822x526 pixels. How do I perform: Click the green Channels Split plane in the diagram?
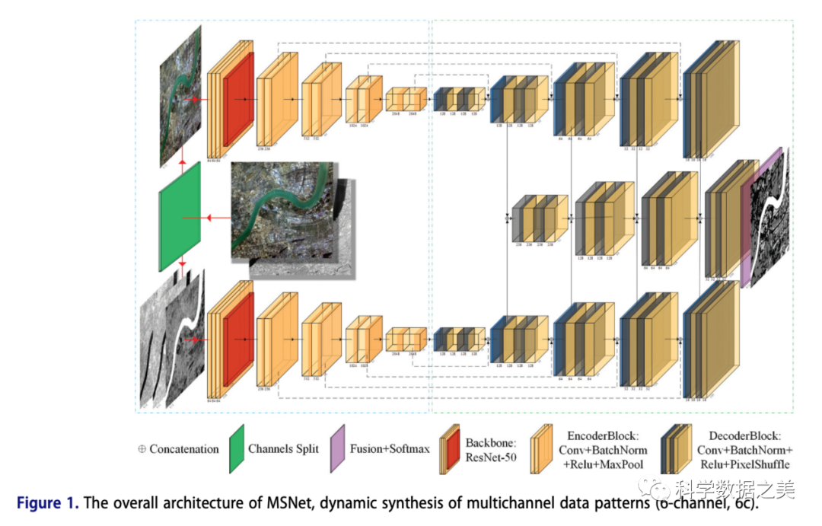pyautogui.click(x=180, y=217)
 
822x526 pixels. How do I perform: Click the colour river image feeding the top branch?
pyautogui.click(x=180, y=95)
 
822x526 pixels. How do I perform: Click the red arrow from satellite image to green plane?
pyautogui.click(x=217, y=218)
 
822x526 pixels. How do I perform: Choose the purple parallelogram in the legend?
pyautogui.click(x=339, y=449)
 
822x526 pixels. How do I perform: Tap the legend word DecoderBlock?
pyautogui.click(x=744, y=435)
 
